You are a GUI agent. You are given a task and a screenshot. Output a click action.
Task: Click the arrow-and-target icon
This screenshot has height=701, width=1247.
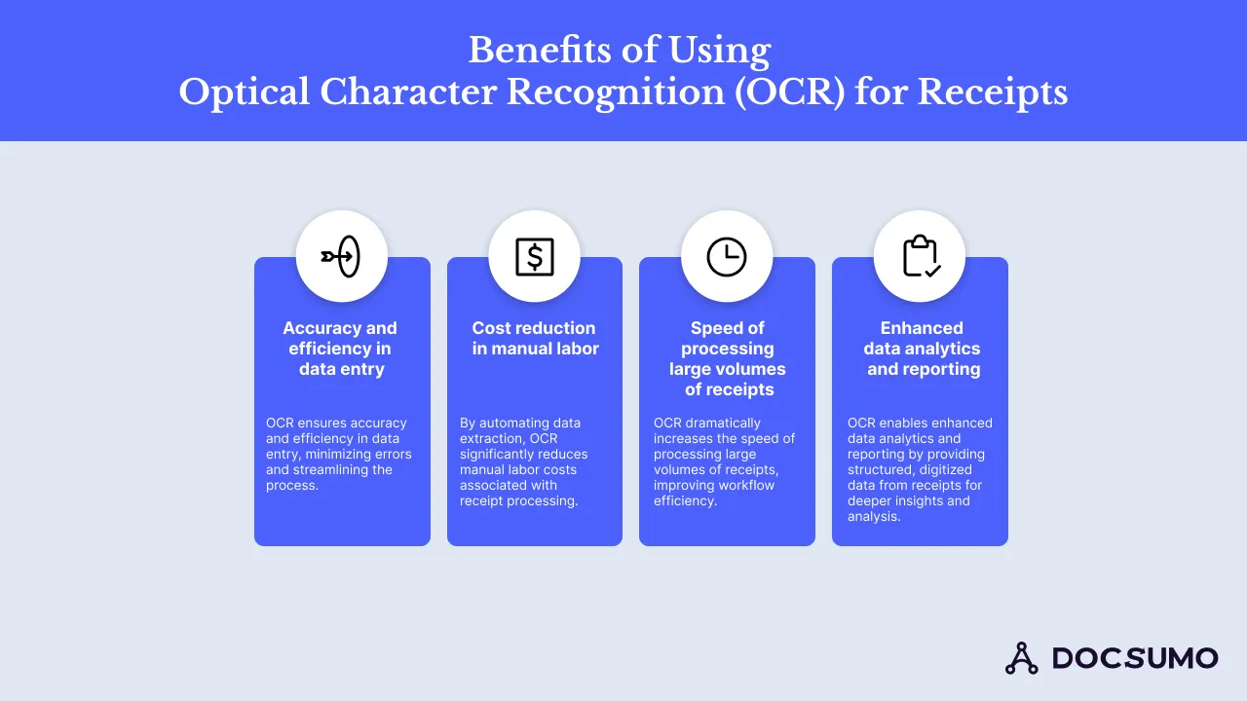[x=341, y=257]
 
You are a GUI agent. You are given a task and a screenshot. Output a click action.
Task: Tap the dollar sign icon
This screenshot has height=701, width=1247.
[x=534, y=257]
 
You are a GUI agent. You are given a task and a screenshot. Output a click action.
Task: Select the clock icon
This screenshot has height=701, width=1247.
[x=727, y=257]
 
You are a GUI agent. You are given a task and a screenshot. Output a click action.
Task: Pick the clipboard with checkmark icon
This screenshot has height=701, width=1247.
[x=920, y=257]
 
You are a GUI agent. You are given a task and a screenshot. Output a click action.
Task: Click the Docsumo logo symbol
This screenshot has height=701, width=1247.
[x=1022, y=658]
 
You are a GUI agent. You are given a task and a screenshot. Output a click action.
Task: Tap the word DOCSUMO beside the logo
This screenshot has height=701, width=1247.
[x=1135, y=658]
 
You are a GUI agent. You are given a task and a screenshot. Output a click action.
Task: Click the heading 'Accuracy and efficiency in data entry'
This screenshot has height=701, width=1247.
[x=341, y=349]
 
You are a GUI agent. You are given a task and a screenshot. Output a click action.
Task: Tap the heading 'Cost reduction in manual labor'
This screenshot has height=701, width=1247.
[x=534, y=339]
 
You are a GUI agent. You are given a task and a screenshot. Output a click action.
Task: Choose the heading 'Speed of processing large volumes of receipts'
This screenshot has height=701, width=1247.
[x=727, y=358]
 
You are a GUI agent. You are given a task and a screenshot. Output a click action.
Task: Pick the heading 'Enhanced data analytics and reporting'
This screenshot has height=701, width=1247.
[x=922, y=349]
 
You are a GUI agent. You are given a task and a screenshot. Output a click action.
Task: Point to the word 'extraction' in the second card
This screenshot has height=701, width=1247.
[x=491, y=438]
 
